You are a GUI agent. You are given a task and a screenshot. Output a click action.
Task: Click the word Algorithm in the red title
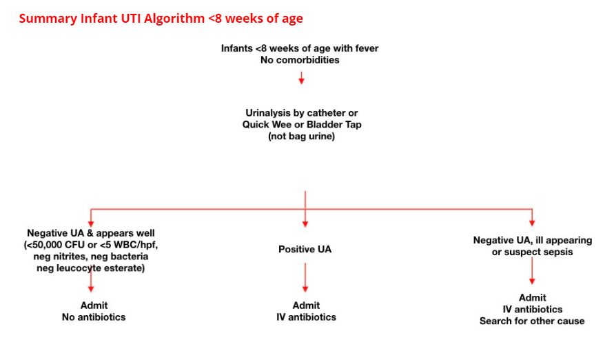174,19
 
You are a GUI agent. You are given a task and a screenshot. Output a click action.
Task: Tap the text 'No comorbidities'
300,60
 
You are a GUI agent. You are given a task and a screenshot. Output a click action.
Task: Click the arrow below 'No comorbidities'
301,77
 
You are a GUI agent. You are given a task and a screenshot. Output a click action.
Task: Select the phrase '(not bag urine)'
301,137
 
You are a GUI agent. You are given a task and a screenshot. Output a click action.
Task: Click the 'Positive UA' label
305,249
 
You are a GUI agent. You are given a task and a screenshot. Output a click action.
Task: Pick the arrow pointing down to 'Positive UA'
305,209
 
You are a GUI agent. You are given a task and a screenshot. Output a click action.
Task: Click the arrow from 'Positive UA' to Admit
305,277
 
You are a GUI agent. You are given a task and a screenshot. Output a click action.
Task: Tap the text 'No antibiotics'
94,317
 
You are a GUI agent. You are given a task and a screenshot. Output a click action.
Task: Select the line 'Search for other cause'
532,321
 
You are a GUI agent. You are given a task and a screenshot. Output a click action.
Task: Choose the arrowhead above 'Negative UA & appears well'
91,224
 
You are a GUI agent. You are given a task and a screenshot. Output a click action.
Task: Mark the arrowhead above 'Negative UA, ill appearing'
532,223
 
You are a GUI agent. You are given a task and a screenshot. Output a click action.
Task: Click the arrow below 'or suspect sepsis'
532,270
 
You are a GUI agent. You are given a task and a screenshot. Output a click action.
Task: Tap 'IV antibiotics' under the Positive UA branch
306,317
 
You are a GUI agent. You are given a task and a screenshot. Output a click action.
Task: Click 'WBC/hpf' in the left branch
139,245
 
